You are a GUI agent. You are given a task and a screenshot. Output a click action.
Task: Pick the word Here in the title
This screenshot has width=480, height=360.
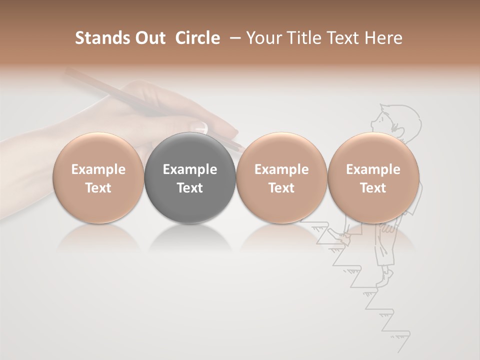[383, 38]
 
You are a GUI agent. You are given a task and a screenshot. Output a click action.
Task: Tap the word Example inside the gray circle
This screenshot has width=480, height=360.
[190, 169]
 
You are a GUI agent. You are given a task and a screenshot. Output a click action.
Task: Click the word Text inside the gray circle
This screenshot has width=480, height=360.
[190, 188]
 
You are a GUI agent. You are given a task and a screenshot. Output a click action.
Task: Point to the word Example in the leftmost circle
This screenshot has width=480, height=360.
[98, 169]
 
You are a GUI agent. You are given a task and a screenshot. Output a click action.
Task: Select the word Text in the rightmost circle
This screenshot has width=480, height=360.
[373, 188]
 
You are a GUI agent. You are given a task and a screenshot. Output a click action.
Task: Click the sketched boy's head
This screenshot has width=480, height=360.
[395, 120]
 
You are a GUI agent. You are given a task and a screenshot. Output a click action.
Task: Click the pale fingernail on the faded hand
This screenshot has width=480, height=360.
[200, 125]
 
